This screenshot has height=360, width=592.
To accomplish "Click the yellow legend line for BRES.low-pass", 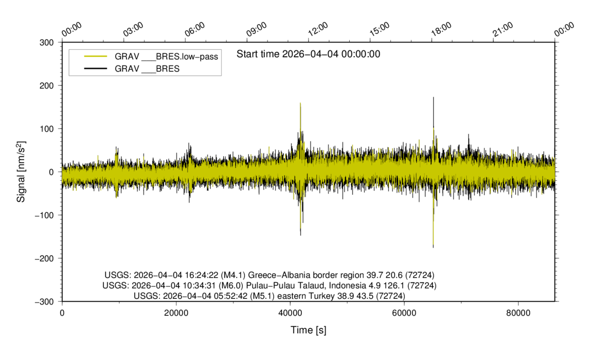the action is tap(96, 56).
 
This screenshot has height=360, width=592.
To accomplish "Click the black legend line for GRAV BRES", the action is tap(96, 68).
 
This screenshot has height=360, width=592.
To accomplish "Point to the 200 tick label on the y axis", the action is tap(46, 86).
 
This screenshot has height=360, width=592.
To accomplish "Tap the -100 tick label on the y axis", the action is tap(44, 215).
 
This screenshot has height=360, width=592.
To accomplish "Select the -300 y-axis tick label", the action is tap(44, 302).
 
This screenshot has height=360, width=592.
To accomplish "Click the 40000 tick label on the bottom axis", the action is tap(290, 313).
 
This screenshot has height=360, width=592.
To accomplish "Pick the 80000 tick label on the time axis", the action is tap(518, 313).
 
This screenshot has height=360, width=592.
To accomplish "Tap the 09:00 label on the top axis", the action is tap(256, 29).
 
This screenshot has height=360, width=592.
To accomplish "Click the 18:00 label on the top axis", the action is tap(441, 29).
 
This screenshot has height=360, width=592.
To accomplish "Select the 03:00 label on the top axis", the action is tap(133, 29).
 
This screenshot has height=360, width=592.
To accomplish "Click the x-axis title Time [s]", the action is tap(309, 330).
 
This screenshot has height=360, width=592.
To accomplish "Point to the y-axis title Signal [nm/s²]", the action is tap(21, 172).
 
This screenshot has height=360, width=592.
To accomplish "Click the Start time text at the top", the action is tap(309, 54).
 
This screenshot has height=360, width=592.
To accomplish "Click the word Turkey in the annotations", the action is tap(323, 296).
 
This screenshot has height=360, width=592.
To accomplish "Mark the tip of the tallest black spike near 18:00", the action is tap(434, 97).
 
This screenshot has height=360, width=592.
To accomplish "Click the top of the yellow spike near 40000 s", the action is tap(300, 103).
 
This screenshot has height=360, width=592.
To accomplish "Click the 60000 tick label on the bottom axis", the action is tap(404, 313).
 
